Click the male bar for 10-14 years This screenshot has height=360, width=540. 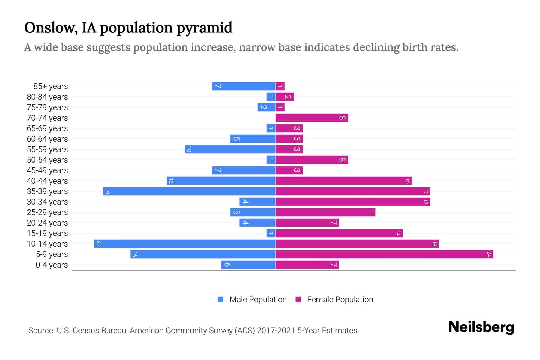coord(185,244)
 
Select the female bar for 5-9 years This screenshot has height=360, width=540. coord(384,254)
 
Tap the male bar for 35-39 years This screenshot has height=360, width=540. coord(189,191)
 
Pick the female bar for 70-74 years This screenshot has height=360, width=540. coord(312,118)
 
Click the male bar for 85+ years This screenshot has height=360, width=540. coord(244,86)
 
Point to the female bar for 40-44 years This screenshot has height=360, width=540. coord(343,181)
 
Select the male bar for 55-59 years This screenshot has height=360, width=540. coord(230,149)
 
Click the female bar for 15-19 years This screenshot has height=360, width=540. coord(339,233)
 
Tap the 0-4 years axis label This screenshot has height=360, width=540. coord(52,265)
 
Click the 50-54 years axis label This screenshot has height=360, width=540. coord(47,160)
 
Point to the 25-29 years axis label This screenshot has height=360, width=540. coord(47,212)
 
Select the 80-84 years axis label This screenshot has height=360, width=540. coord(47,97)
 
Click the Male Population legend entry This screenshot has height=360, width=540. coord(252,299)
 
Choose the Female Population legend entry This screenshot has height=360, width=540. coord(334,299)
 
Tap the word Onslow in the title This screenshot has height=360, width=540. coord(49,28)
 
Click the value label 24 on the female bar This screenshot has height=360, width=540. coord(489,254)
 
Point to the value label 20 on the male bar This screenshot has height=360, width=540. coord(98,244)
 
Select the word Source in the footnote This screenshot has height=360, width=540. coord(41,331)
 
